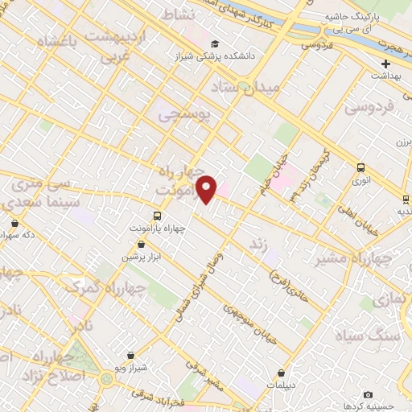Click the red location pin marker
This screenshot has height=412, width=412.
(207, 188)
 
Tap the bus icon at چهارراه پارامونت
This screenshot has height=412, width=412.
(157, 216)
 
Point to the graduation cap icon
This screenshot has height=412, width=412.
(215, 43)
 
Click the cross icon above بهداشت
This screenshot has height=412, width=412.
(385, 64)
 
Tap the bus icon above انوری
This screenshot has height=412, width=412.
(360, 168)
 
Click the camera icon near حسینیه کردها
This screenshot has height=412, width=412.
(368, 394)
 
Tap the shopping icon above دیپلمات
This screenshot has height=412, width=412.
(281, 373)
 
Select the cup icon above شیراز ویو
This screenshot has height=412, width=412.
(131, 354)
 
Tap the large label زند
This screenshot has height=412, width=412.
(258, 242)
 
